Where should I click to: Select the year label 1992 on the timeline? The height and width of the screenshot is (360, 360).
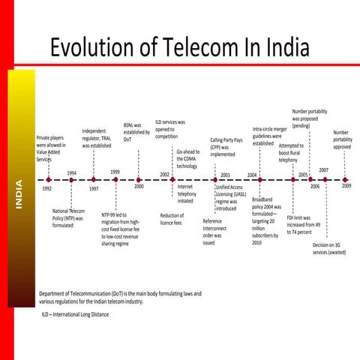point(46,189)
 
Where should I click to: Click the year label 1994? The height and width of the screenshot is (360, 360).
point(71,172)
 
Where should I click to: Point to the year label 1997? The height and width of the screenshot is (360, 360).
point(94,189)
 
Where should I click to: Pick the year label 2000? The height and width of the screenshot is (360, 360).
point(139,187)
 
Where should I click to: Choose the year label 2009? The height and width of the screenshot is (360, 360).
point(346,186)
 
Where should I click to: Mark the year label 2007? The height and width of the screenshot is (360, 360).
point(323,170)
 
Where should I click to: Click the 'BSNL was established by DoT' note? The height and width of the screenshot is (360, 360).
point(136,132)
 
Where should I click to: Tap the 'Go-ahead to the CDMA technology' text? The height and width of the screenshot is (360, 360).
point(187,158)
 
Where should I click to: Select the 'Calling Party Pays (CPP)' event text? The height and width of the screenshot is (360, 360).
point(226,146)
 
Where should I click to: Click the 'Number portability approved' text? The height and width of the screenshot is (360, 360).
point(342,139)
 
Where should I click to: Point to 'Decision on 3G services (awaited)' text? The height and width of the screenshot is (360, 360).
point(329,249)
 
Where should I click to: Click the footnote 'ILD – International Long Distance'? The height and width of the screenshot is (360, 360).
point(75,314)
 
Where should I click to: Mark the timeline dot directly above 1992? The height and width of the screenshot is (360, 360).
point(48,180)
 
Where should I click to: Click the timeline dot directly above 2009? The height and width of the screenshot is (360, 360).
point(345,180)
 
